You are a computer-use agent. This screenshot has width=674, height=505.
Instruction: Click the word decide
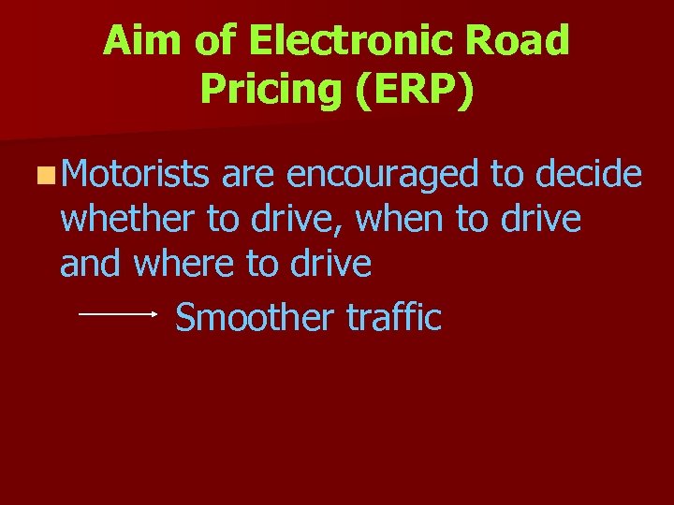pyautogui.click(x=583, y=174)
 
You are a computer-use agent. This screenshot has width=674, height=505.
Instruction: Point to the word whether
pyautogui.click(x=129, y=220)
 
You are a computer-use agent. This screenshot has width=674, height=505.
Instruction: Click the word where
pyautogui.click(x=185, y=265)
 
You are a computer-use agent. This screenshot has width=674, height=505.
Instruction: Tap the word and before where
pyautogui.click(x=93, y=265)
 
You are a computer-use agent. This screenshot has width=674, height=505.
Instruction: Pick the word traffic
pyautogui.click(x=393, y=318)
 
